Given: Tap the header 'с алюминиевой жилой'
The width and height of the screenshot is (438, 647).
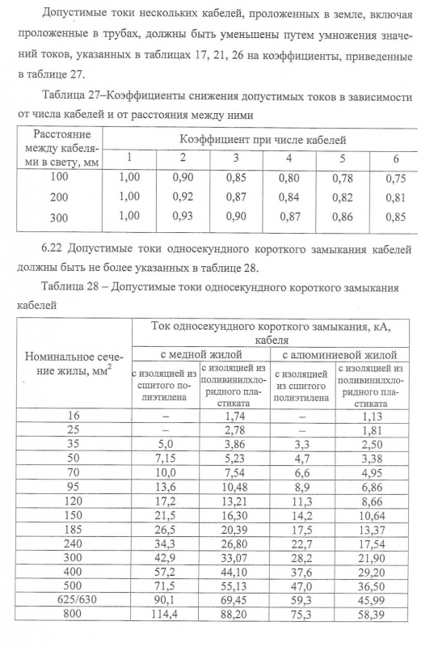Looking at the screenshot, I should (x=339, y=354).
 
